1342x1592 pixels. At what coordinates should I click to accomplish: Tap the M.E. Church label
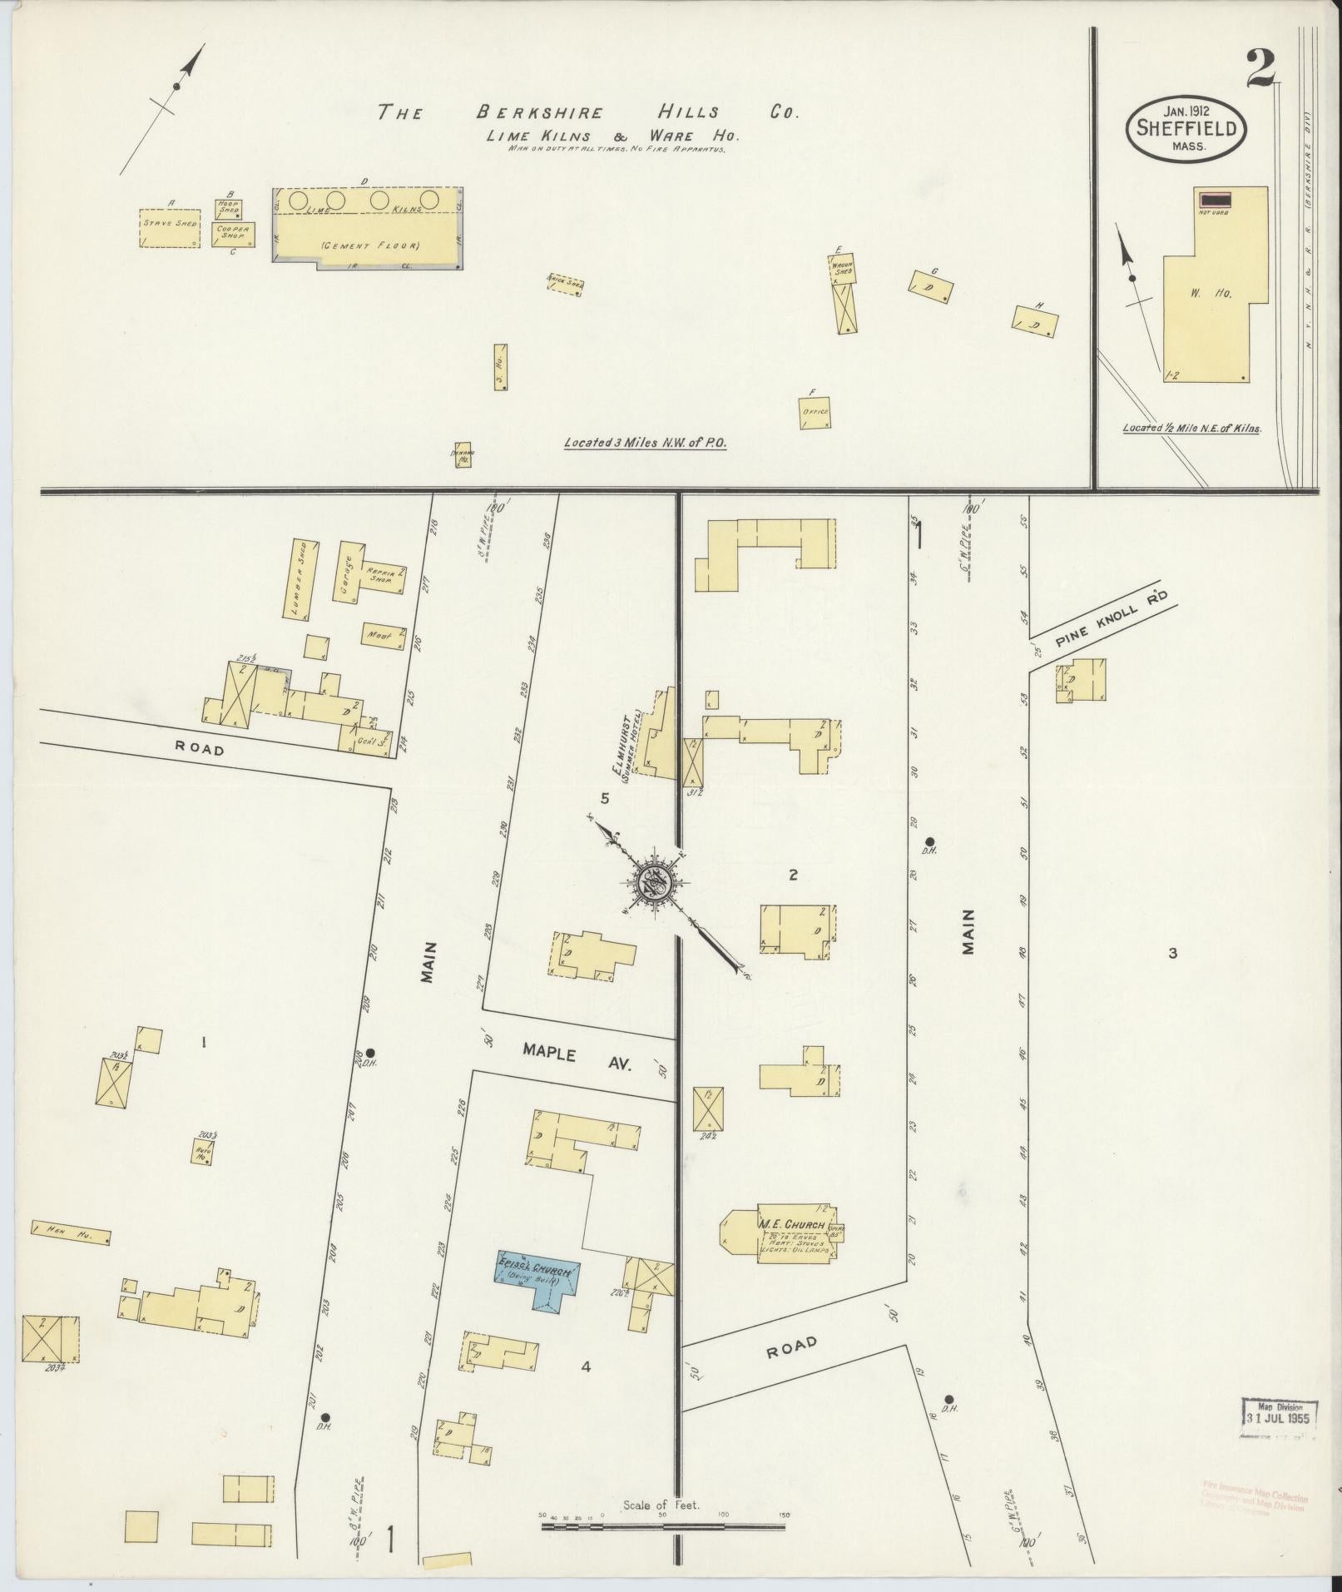791,1225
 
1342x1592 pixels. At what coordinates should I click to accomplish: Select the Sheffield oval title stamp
1187,131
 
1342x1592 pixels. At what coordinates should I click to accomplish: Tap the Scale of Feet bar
663,1526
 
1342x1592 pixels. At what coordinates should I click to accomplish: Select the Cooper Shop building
233,233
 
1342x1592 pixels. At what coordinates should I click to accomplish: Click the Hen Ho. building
72,1236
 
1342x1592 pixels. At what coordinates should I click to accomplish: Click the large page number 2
1261,69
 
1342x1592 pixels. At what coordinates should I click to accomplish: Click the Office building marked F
814,412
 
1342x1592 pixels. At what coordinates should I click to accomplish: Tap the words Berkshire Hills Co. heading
587,112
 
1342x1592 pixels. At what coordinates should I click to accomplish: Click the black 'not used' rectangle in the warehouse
1215,198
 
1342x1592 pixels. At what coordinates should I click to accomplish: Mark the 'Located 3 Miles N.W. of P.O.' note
645,444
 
